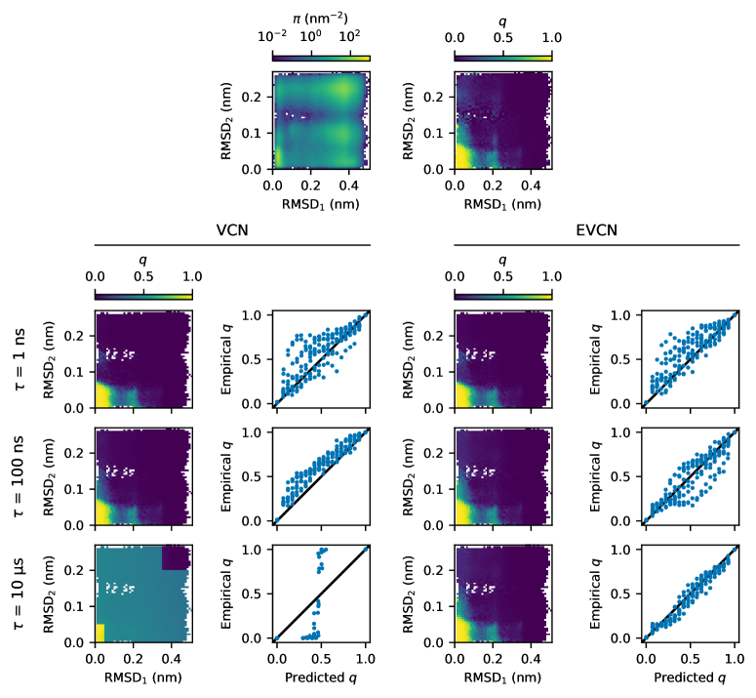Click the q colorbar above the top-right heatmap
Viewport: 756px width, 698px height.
(x=502, y=57)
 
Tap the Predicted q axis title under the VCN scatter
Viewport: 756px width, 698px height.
(x=321, y=676)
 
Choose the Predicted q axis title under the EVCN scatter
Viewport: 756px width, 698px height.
(x=691, y=676)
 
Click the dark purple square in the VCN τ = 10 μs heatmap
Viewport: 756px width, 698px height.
(x=177, y=556)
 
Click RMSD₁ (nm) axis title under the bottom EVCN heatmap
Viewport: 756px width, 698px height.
(x=502, y=676)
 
